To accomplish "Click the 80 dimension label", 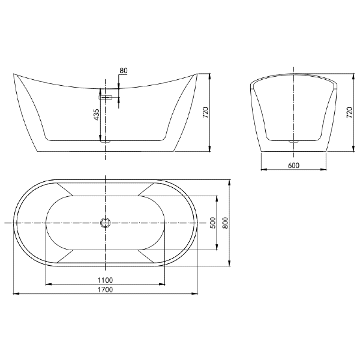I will pyautogui.click(x=123, y=71).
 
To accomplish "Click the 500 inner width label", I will pyautogui.click(x=212, y=223).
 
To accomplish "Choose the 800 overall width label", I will pyautogui.click(x=226, y=223).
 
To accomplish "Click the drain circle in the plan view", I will pyautogui.click(x=106, y=223).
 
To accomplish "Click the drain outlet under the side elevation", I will pyautogui.click(x=106, y=141).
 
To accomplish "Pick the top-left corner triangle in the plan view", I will pyautogui.click(x=64, y=189).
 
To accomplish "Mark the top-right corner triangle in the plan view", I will pyautogui.click(x=148, y=189).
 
